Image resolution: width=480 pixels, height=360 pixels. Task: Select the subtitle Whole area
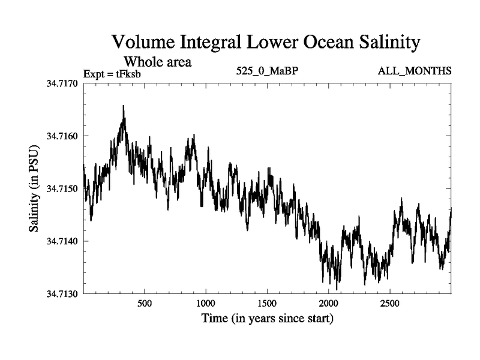(x=157, y=61)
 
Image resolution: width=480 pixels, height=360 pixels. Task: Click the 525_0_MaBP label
(x=267, y=71)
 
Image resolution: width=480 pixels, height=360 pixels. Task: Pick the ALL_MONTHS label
(x=414, y=71)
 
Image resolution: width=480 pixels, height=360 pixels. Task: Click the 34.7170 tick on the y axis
(x=64, y=83)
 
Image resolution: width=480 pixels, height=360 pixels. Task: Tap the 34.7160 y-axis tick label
(x=64, y=136)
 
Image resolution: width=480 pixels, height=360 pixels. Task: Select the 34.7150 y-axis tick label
(x=64, y=189)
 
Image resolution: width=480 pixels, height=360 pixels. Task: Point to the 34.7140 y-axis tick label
(x=64, y=241)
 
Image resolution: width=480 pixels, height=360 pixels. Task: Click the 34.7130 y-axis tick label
(x=64, y=294)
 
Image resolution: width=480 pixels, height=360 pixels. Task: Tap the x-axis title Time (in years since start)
(x=266, y=318)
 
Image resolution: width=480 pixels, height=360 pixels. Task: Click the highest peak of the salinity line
(x=123, y=106)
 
